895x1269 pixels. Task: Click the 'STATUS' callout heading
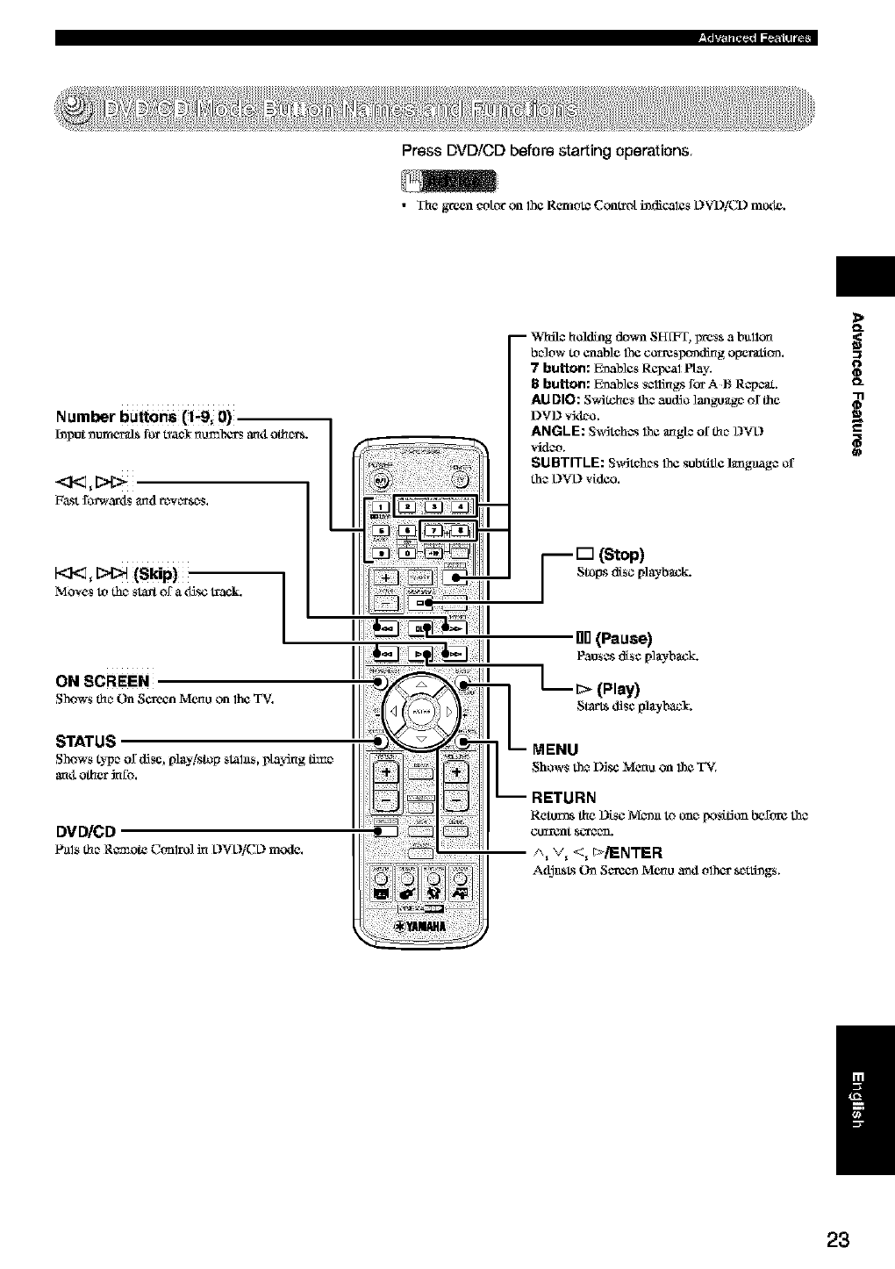point(86,742)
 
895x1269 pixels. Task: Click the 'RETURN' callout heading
point(564,798)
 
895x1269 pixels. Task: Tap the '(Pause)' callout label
point(622,638)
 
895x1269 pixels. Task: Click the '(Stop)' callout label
point(620,555)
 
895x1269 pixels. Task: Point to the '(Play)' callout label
point(619,688)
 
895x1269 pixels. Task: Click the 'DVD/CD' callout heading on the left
point(86,832)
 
